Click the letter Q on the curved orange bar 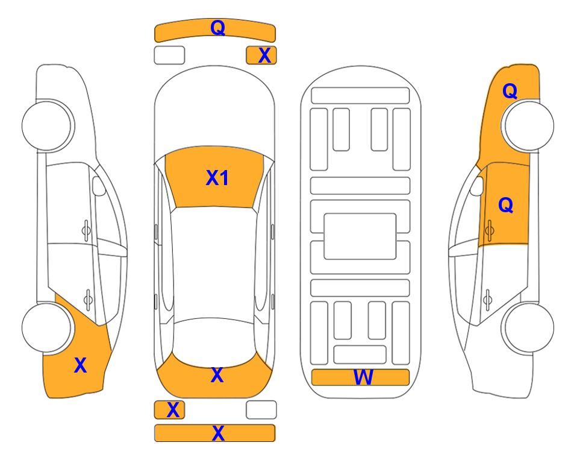click(218, 28)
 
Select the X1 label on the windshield click(217, 178)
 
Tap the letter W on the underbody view click(363, 377)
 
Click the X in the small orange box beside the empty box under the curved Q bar click(264, 55)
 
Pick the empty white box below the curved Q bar click(169, 55)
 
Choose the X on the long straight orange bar click(218, 433)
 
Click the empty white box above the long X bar click(261, 410)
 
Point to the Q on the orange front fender click(510, 91)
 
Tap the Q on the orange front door click(506, 205)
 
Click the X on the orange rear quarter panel click(80, 365)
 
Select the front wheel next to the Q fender click(528, 125)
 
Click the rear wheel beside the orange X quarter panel click(47, 327)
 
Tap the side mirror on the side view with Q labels click(477, 186)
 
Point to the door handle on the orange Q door click(489, 230)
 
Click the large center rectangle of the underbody click(360, 236)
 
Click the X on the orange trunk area click(217, 375)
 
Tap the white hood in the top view click(214, 111)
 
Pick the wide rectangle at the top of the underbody click(360, 96)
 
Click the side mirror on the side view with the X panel click(99, 186)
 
